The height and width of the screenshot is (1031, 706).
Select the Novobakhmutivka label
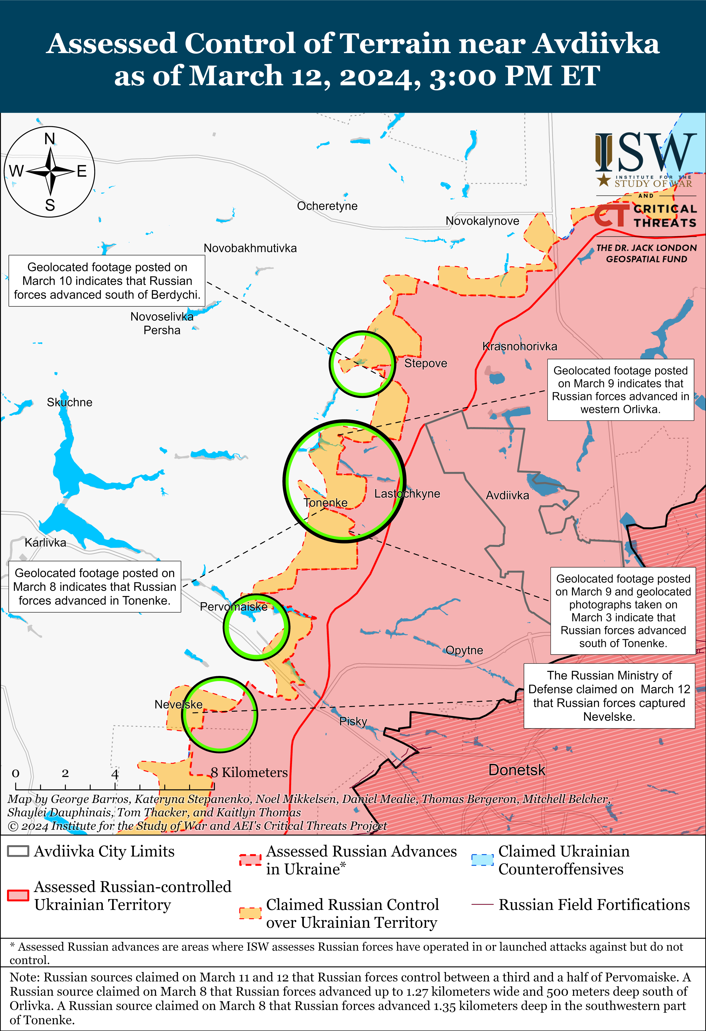(x=250, y=248)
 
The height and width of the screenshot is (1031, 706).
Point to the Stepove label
(x=425, y=363)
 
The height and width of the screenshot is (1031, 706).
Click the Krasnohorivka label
(x=519, y=347)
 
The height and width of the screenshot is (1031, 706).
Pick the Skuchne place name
(x=70, y=403)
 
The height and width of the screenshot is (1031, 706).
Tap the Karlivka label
(x=45, y=543)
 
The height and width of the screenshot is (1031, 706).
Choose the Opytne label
(x=464, y=650)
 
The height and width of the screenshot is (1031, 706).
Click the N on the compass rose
(x=50, y=139)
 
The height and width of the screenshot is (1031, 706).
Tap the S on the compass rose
(x=50, y=205)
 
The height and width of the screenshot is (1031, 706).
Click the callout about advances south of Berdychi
(x=107, y=281)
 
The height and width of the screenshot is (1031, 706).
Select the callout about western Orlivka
(x=620, y=390)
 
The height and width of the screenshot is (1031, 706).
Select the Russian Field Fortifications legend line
(x=482, y=904)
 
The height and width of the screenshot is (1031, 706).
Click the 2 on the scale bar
(x=65, y=774)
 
